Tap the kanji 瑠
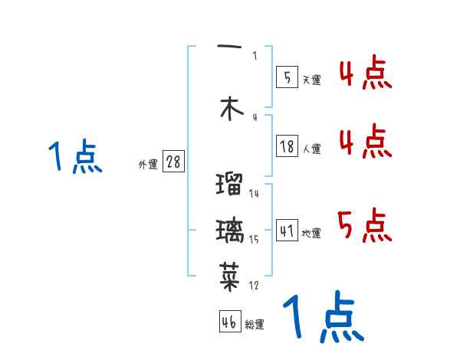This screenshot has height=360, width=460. (230, 185)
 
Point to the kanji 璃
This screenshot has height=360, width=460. (230, 230)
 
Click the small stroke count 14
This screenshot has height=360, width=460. (254, 194)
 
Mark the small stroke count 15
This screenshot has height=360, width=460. (254, 240)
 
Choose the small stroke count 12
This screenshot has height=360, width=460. (254, 286)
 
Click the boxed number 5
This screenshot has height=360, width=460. (287, 77)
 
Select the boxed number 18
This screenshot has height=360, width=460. (287, 146)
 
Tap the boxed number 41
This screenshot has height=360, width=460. (287, 231)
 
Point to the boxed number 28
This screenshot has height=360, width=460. (173, 162)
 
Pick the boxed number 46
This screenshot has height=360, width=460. (228, 322)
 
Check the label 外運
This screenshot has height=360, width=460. (147, 165)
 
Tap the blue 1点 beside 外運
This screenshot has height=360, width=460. (75, 158)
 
